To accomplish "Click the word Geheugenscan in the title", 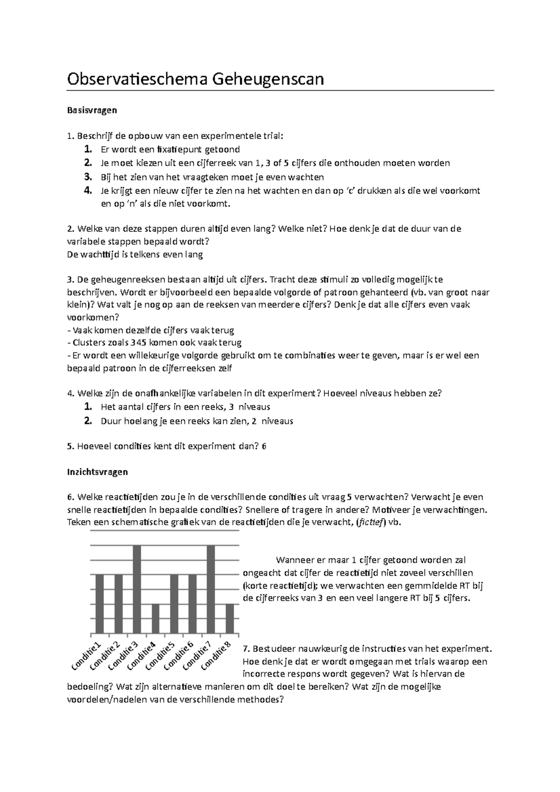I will pyautogui.click(x=268, y=79).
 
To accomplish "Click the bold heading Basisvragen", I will pyautogui.click(x=92, y=111).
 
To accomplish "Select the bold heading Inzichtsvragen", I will pyautogui.click(x=97, y=472).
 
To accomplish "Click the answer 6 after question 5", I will pyautogui.click(x=264, y=446).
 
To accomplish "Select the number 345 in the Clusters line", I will pyautogui.click(x=138, y=343).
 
